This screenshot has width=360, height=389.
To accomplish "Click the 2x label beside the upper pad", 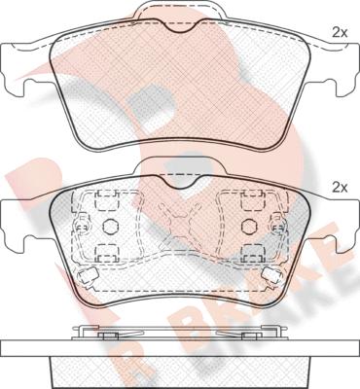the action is pyautogui.click(x=340, y=32).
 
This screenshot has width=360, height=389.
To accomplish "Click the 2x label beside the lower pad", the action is pyautogui.click(x=340, y=188).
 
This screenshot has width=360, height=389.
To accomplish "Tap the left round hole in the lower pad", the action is pyautogui.click(x=110, y=226).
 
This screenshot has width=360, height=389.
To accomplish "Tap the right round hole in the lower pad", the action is pyautogui.click(x=248, y=226).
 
